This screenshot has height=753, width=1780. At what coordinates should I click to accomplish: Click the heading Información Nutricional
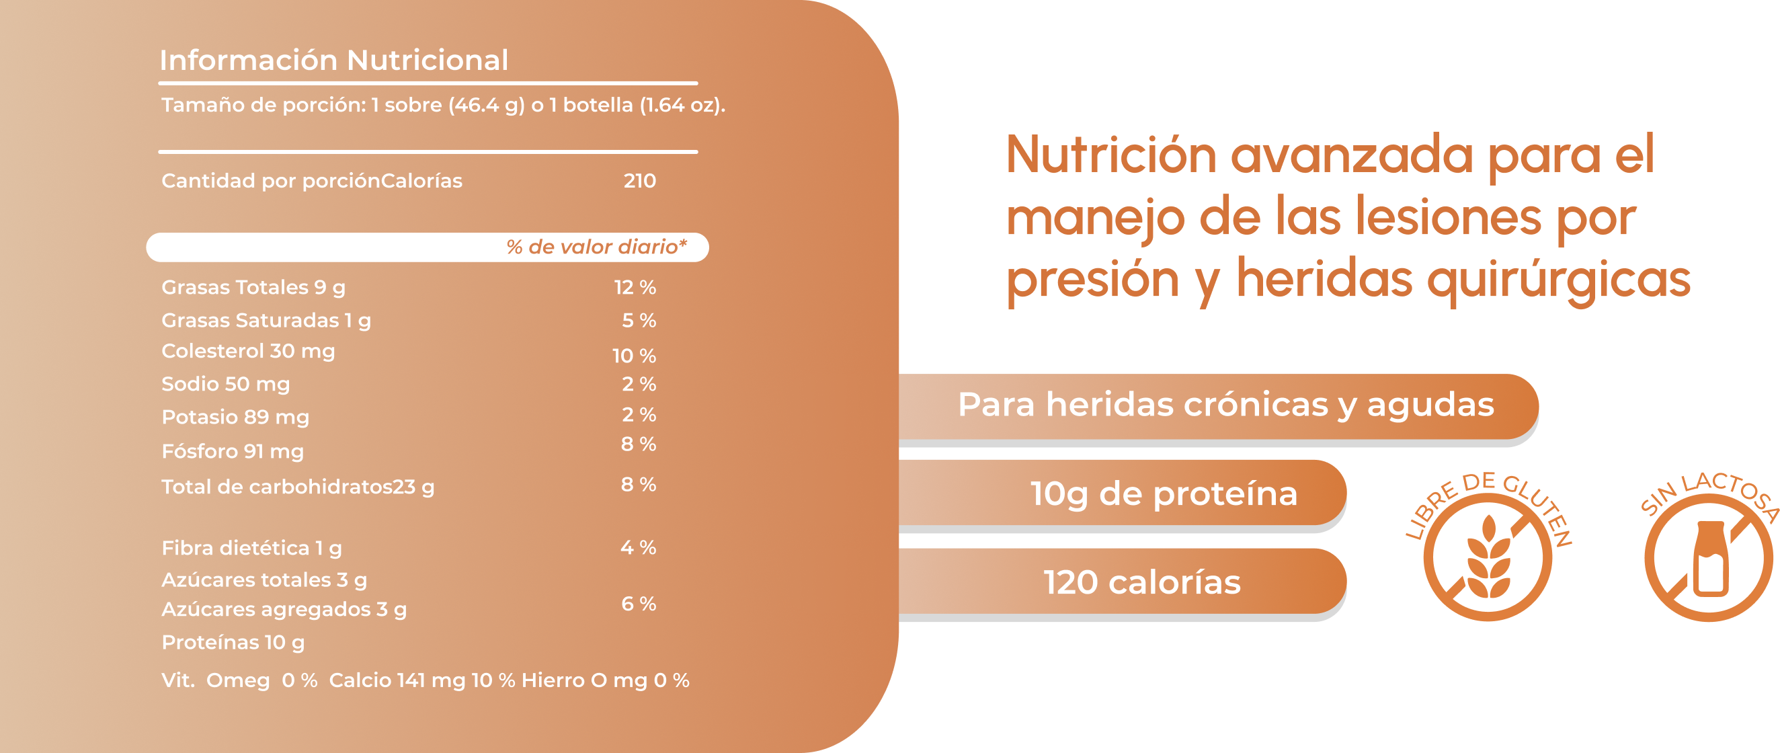click(333, 60)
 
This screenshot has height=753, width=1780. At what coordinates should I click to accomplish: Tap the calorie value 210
click(639, 181)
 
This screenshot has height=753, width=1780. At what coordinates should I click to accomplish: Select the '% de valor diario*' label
click(596, 247)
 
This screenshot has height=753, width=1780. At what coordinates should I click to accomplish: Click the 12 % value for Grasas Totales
click(635, 287)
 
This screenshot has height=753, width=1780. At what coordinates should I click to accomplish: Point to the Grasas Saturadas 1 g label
click(266, 321)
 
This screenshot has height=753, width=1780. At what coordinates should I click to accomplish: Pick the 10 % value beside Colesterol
click(634, 356)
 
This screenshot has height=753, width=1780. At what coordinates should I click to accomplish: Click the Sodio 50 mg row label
click(225, 384)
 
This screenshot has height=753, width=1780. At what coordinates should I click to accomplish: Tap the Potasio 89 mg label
click(235, 418)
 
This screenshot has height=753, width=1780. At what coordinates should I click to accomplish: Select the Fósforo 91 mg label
click(232, 452)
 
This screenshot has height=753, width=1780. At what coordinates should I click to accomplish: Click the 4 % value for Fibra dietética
click(638, 548)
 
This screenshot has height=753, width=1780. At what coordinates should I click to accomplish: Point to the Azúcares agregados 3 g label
click(284, 610)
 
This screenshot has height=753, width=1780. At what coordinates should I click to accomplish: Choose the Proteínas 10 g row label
click(233, 643)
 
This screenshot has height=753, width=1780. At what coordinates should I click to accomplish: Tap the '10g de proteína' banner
click(1164, 493)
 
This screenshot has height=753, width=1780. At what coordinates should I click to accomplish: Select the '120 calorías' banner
click(1141, 582)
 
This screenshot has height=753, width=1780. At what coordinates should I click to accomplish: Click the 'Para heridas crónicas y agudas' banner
click(1225, 405)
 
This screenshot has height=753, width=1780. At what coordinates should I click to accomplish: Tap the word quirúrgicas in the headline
click(1558, 280)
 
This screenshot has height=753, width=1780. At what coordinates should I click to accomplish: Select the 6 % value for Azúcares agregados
click(638, 604)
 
